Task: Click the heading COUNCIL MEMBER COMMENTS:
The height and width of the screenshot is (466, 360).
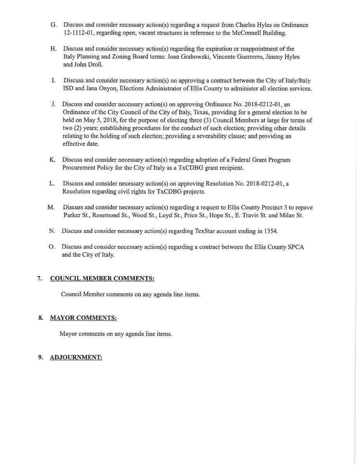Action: [x=102, y=278]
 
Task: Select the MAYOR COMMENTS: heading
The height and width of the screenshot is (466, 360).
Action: [x=83, y=318]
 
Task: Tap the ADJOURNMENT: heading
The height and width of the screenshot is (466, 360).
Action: [x=76, y=357]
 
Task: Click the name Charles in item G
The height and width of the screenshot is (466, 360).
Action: [x=245, y=25]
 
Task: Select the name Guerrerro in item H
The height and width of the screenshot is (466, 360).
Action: [x=247, y=57]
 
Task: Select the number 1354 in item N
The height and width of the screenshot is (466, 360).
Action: [x=271, y=231]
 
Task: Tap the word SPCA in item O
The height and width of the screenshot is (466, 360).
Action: [x=296, y=247]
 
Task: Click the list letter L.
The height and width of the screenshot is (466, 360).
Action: [x=52, y=183]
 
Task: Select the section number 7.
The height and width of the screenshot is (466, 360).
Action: [x=40, y=278]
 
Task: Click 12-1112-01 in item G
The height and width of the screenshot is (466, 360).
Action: [x=79, y=33]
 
